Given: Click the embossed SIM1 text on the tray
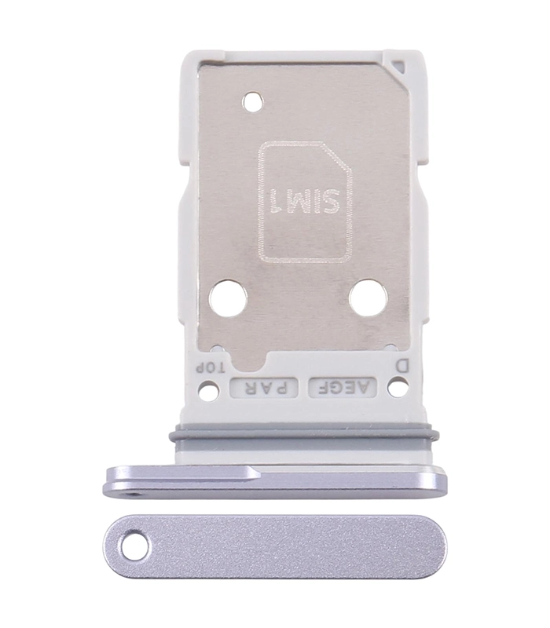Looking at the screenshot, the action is (306, 201).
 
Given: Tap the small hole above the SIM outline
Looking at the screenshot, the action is (253, 101).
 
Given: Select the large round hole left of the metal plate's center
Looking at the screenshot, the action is (228, 299).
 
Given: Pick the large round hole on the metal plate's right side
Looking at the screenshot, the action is (368, 298).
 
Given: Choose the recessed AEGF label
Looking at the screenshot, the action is (343, 387).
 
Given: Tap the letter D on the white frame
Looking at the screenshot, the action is (402, 365).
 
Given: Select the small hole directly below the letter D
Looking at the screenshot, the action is (397, 388).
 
